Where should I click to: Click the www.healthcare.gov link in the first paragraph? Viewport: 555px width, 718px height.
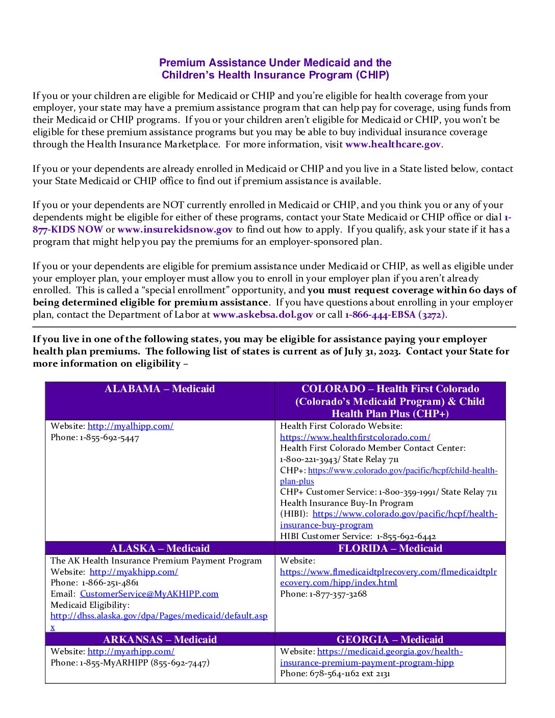coord(393,144)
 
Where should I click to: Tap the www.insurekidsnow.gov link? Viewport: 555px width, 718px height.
coord(175,229)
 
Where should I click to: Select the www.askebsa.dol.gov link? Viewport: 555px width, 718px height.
coord(263,315)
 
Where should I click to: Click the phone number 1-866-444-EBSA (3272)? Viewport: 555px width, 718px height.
coord(395,315)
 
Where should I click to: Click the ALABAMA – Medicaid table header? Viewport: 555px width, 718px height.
coord(160,389)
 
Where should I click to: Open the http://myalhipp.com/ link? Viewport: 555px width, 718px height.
coord(131,426)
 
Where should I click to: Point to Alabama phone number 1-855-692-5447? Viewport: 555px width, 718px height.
coord(109,438)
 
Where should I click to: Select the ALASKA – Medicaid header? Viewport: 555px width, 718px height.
coord(160,549)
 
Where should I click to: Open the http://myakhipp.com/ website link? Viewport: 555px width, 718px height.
coord(134,572)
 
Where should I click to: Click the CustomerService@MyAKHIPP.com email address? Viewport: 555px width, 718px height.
coord(149,594)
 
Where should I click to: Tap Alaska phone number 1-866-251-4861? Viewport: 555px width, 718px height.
coord(110,583)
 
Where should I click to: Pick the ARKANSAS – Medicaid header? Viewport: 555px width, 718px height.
coord(160,640)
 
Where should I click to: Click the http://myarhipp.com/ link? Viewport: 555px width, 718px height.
coord(131,652)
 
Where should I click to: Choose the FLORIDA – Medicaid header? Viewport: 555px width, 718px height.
coord(390,549)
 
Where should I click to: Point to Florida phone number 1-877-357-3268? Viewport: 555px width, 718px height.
coord(338,594)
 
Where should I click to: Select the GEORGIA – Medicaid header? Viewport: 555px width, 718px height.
coord(390,640)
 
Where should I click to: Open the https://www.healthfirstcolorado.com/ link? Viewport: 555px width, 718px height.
coord(355,438)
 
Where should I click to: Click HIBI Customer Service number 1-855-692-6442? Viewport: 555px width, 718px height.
coord(406,536)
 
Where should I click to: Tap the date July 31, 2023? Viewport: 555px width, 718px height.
coord(372,351)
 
